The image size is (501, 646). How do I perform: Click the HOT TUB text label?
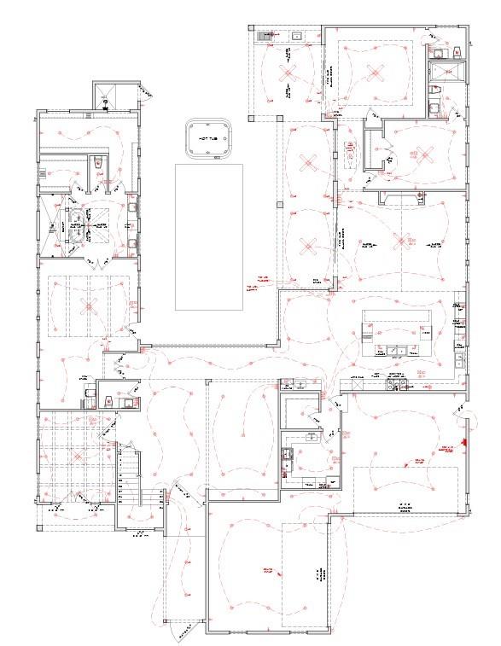click(x=207, y=138)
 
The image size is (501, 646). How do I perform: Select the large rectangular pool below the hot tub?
click(x=208, y=236)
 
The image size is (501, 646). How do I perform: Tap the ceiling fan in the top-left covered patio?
click(x=288, y=75)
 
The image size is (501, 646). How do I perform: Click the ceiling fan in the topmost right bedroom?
click(x=374, y=69)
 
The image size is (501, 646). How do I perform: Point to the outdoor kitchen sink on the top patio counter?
click(x=297, y=36)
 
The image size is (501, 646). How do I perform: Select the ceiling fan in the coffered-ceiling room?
click(x=78, y=456)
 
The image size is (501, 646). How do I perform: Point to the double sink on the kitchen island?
click(x=396, y=349)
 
